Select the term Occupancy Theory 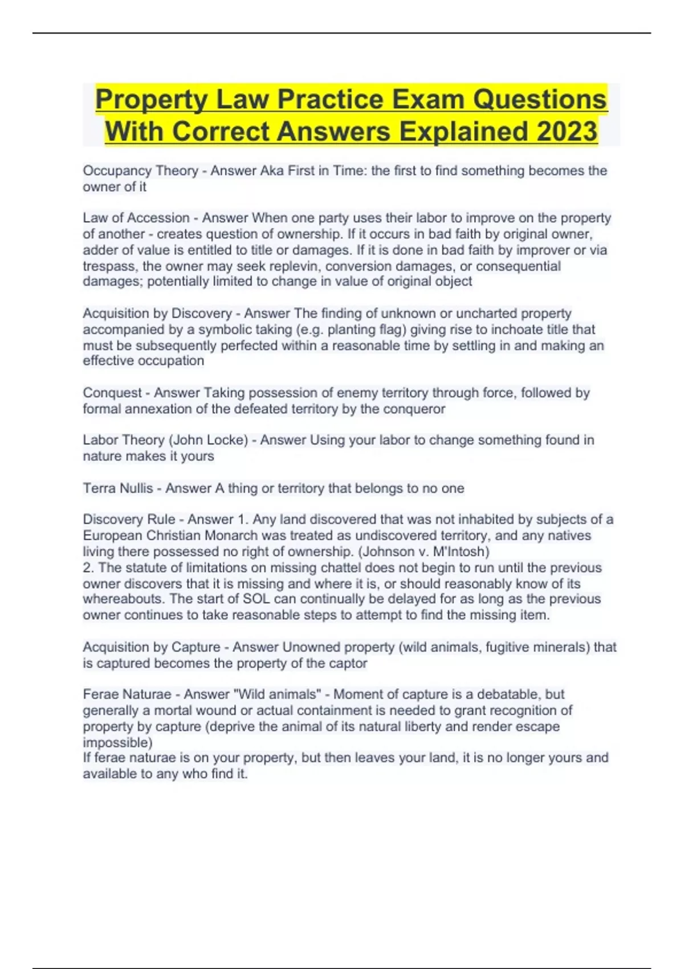tap(140, 170)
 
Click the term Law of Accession tap(136, 218)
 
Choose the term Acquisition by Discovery tap(157, 313)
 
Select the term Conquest tap(112, 393)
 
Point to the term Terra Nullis tap(118, 488)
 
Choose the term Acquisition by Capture tap(152, 647)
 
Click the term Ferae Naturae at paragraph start tap(127, 694)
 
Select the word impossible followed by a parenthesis tap(116, 743)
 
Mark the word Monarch tap(246, 535)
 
